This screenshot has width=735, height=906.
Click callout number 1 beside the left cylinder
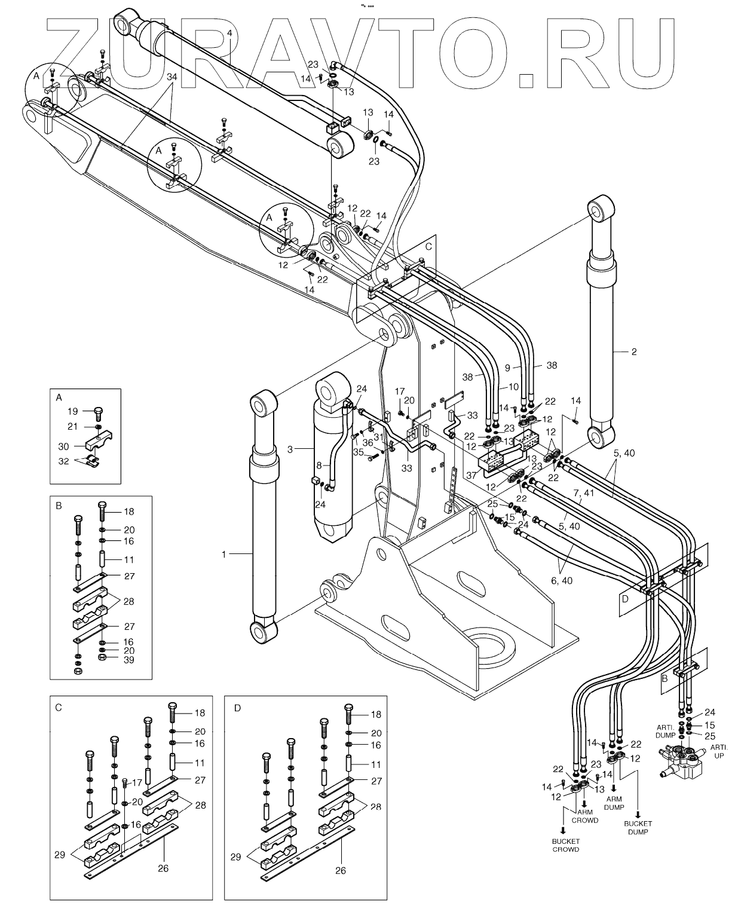(x=225, y=554)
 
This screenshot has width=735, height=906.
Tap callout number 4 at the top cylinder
(x=230, y=32)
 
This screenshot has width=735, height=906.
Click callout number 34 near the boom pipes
(x=171, y=77)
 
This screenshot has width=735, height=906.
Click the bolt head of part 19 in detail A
(x=99, y=412)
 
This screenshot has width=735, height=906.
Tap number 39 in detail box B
(x=129, y=660)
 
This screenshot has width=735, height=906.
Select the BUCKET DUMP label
(x=639, y=827)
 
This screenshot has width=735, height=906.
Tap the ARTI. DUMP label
(x=664, y=732)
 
